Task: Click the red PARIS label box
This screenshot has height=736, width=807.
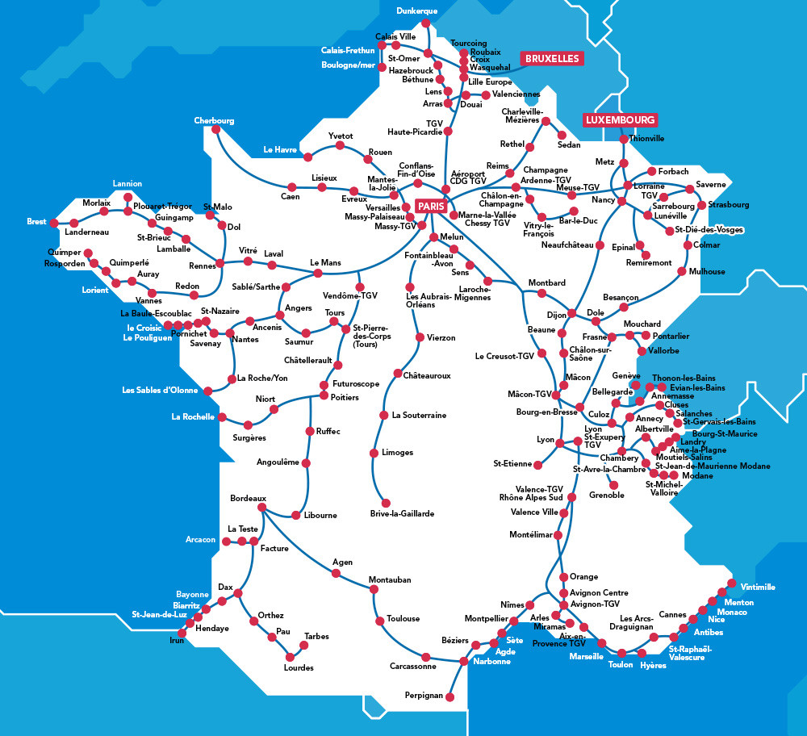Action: tap(432, 207)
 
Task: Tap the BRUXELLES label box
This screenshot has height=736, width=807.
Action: tap(552, 59)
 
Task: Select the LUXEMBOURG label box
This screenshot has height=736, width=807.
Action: tap(620, 119)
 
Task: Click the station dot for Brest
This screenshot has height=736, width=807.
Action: tap(53, 222)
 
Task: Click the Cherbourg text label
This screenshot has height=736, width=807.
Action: tap(214, 121)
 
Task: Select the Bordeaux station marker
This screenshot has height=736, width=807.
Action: tap(261, 508)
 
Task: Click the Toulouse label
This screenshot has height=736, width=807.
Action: tap(403, 619)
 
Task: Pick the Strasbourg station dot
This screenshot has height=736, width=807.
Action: tap(702, 205)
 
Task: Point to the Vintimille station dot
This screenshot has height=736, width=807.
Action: tap(731, 583)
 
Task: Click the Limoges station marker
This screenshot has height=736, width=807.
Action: tap(374, 453)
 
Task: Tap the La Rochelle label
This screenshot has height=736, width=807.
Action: tap(193, 417)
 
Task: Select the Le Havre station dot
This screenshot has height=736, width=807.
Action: tap(307, 155)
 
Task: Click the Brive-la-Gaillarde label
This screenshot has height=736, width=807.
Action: tap(402, 513)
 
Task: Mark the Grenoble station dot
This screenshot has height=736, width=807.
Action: tap(614, 484)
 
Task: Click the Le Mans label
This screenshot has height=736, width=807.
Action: tap(325, 263)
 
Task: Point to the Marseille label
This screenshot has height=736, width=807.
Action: tap(586, 656)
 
